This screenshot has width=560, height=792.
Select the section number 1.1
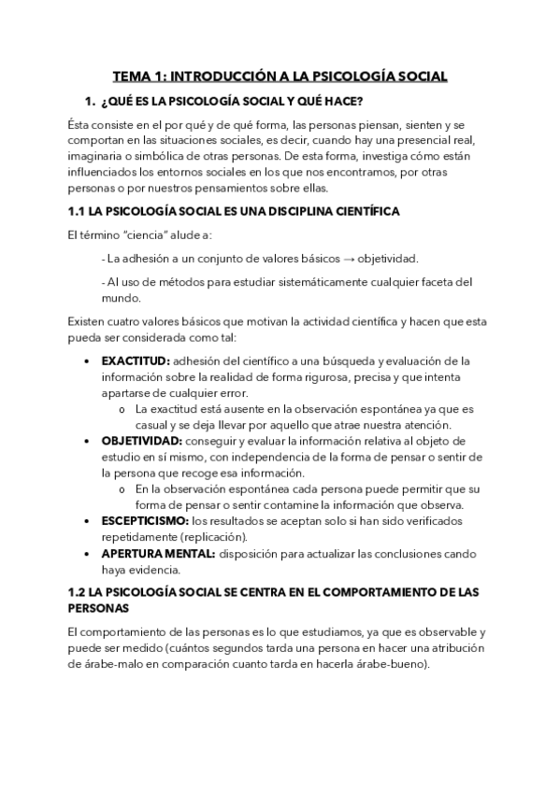(x=79, y=212)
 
